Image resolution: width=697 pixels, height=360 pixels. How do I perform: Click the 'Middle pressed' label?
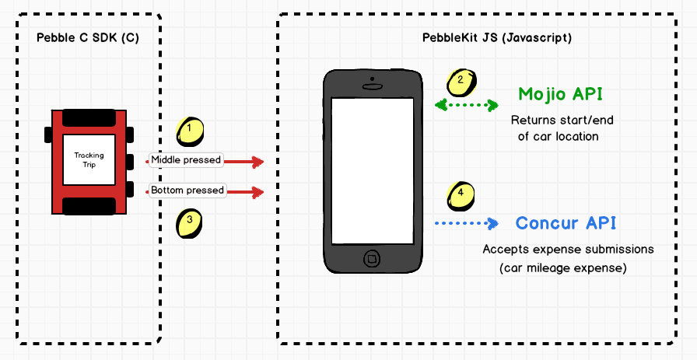186,160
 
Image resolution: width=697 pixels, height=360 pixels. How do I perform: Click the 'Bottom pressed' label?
187,190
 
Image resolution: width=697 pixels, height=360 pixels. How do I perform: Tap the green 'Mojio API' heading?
560,95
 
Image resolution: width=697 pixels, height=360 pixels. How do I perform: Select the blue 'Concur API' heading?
566,223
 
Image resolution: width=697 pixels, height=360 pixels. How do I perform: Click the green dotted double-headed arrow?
466,104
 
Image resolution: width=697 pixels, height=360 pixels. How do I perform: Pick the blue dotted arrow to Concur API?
465,224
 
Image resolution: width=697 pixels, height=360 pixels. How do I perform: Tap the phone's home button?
373,257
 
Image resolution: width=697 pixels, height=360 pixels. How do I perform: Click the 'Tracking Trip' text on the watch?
89,159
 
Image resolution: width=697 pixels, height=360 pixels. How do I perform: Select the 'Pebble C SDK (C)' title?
88,38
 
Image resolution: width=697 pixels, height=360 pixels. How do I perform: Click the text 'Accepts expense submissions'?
568,250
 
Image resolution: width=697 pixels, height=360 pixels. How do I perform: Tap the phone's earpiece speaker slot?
373,86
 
